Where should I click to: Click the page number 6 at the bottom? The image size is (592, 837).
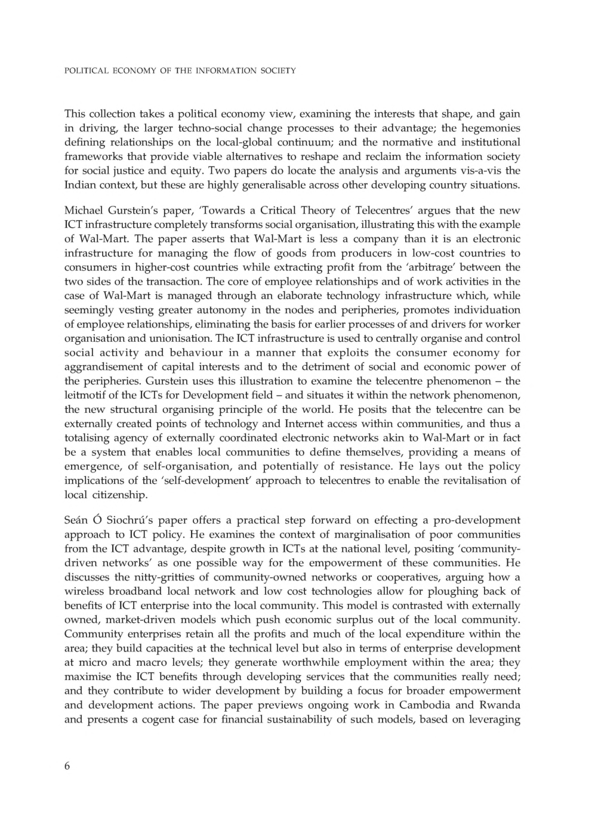[67, 766]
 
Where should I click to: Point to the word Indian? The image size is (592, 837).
[79, 185]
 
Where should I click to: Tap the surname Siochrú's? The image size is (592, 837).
[125, 520]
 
